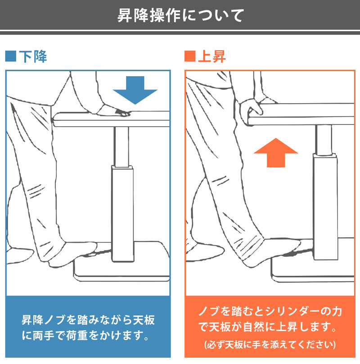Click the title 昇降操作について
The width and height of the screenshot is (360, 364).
[x=180, y=16]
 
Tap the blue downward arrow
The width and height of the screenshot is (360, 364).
[x=135, y=90]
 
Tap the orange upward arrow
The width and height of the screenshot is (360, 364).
[x=276, y=153]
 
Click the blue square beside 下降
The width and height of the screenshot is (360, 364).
[x=11, y=56]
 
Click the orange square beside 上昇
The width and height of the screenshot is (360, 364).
[x=190, y=56]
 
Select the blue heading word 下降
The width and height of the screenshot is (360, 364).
[x=33, y=56]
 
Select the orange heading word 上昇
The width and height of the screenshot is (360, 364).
[x=212, y=56]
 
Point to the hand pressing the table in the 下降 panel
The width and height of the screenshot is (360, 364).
[x=114, y=111]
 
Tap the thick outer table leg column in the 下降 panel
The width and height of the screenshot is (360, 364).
[x=122, y=214]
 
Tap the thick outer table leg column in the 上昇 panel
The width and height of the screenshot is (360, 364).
[x=325, y=206]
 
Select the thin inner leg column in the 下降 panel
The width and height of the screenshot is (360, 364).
[x=121, y=147]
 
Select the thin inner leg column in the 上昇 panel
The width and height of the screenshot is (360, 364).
[x=324, y=140]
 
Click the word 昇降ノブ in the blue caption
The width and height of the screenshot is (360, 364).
[x=44, y=320]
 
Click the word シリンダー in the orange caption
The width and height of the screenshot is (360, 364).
[x=292, y=311]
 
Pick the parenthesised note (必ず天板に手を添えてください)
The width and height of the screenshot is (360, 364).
[x=270, y=345]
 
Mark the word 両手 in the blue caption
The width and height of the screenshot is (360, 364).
[x=44, y=336]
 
